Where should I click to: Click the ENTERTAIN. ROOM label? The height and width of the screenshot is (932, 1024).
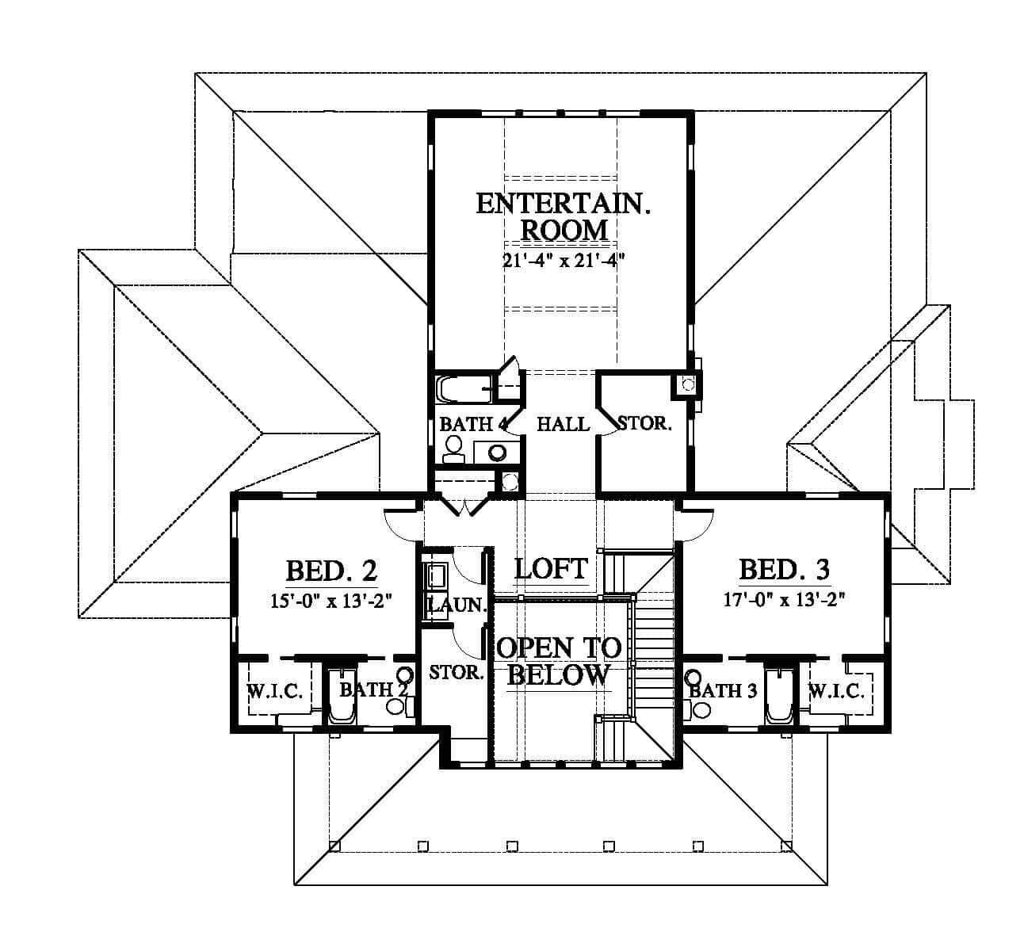point(564,216)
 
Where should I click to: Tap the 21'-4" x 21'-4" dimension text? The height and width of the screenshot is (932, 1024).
point(564,261)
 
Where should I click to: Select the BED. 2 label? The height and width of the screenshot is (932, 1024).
point(331,570)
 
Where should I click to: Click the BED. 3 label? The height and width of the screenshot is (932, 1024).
point(785,569)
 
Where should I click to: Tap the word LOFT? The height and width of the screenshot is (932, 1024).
point(551,568)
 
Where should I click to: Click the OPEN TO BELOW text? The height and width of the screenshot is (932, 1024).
point(559,662)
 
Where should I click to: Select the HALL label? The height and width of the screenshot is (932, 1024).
point(564,424)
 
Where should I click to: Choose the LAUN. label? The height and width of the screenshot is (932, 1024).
point(457,605)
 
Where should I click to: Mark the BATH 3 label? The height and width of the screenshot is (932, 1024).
point(723,691)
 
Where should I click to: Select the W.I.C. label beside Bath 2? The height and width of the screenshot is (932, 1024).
point(275,691)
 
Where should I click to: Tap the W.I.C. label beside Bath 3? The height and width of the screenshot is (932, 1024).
point(836,691)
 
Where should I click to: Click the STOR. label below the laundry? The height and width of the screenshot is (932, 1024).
point(456,673)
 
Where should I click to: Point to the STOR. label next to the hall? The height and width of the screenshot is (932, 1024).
point(644,423)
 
